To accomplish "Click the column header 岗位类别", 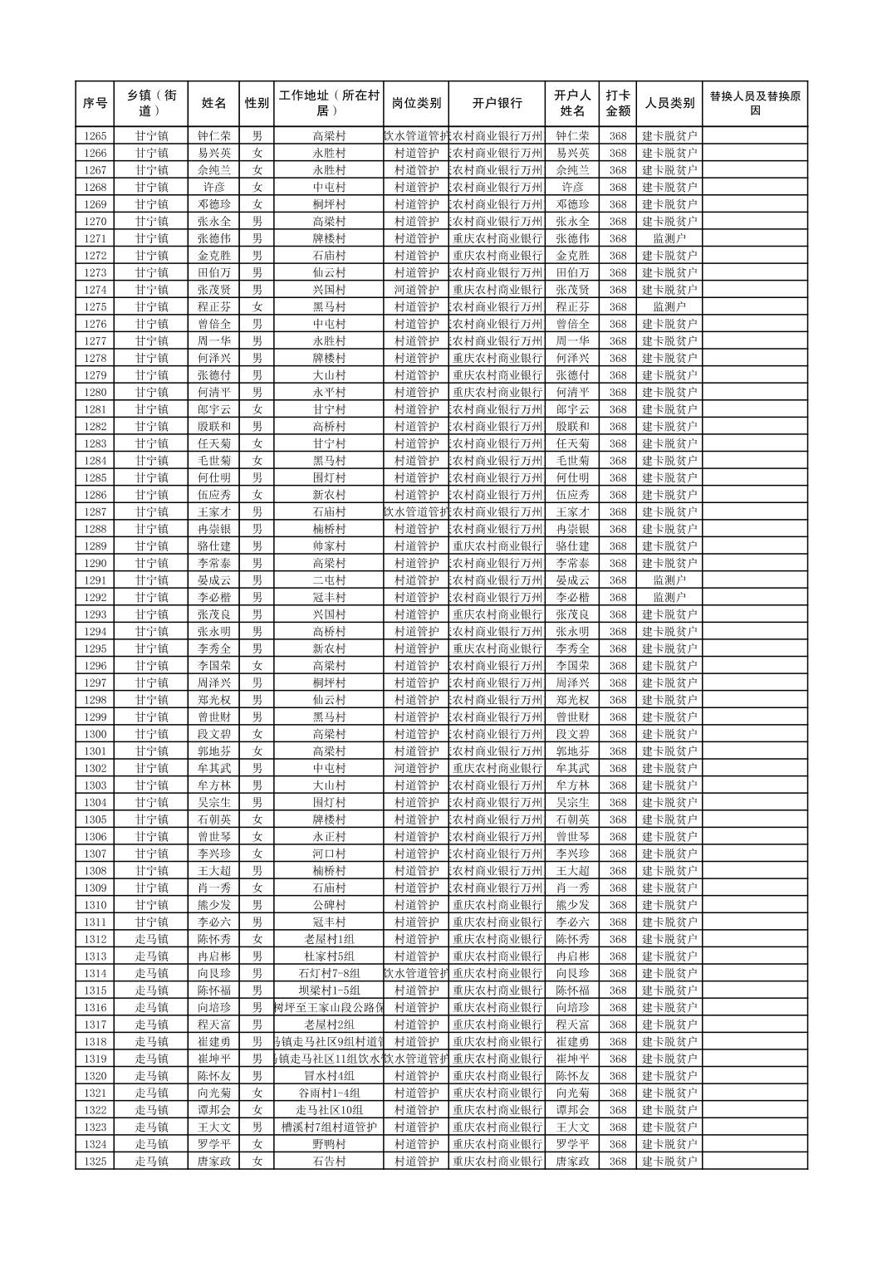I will (x=416, y=104).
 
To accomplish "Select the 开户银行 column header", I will (x=497, y=104).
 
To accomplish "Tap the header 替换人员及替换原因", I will (x=754, y=104).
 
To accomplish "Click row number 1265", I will (x=96, y=136).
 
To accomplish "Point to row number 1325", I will (x=96, y=1162).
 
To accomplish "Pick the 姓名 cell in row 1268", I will (x=214, y=188).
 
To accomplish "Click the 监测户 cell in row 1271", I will (x=669, y=238).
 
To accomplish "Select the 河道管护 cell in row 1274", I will (x=416, y=290).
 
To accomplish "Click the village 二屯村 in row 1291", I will (x=329, y=580).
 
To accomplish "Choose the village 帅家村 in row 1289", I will (x=329, y=546).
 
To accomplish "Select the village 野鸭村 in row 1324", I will (x=329, y=1144).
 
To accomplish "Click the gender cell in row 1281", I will (x=257, y=409).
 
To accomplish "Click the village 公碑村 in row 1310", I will (x=329, y=905).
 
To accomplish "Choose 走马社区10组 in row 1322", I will (x=329, y=1110).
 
